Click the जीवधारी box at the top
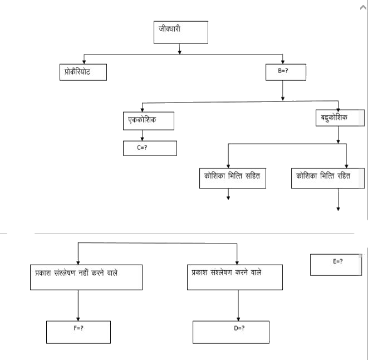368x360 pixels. click(180, 32)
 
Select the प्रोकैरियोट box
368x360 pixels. click(82, 72)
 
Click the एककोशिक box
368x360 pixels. click(149, 120)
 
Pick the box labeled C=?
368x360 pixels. click(150, 148)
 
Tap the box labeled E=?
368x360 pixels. click(337, 264)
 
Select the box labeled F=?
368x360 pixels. click(78, 332)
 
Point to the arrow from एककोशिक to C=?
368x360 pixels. click(143, 135)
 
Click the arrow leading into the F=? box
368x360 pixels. click(78, 305)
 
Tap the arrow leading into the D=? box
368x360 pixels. click(238, 305)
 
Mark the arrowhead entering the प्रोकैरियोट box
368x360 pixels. click(84, 61)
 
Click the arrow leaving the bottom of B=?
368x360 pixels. click(283, 90)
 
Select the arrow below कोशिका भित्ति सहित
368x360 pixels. click(228, 193)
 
